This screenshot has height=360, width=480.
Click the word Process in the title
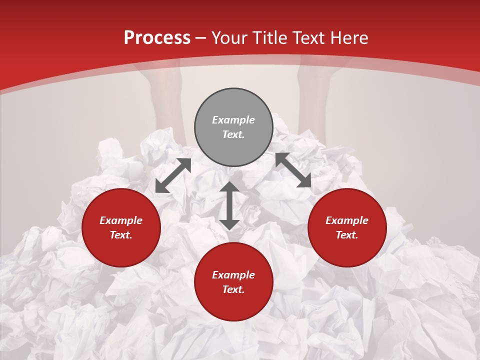(157, 38)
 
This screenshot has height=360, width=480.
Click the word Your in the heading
(230, 38)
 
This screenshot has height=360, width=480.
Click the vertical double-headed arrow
(229, 205)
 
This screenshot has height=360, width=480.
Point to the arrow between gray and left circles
(173, 175)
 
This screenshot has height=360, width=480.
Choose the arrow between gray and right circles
(293, 170)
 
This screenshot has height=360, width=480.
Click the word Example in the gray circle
(233, 120)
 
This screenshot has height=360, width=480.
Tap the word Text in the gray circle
(232, 134)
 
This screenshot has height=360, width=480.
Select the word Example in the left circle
(121, 220)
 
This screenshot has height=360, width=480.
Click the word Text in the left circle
(120, 235)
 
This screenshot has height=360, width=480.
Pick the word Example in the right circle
(347, 220)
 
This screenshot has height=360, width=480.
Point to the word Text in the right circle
(346, 235)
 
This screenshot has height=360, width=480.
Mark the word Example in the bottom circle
(233, 275)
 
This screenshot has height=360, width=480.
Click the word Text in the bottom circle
(232, 289)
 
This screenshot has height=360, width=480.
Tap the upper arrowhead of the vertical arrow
(229, 187)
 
